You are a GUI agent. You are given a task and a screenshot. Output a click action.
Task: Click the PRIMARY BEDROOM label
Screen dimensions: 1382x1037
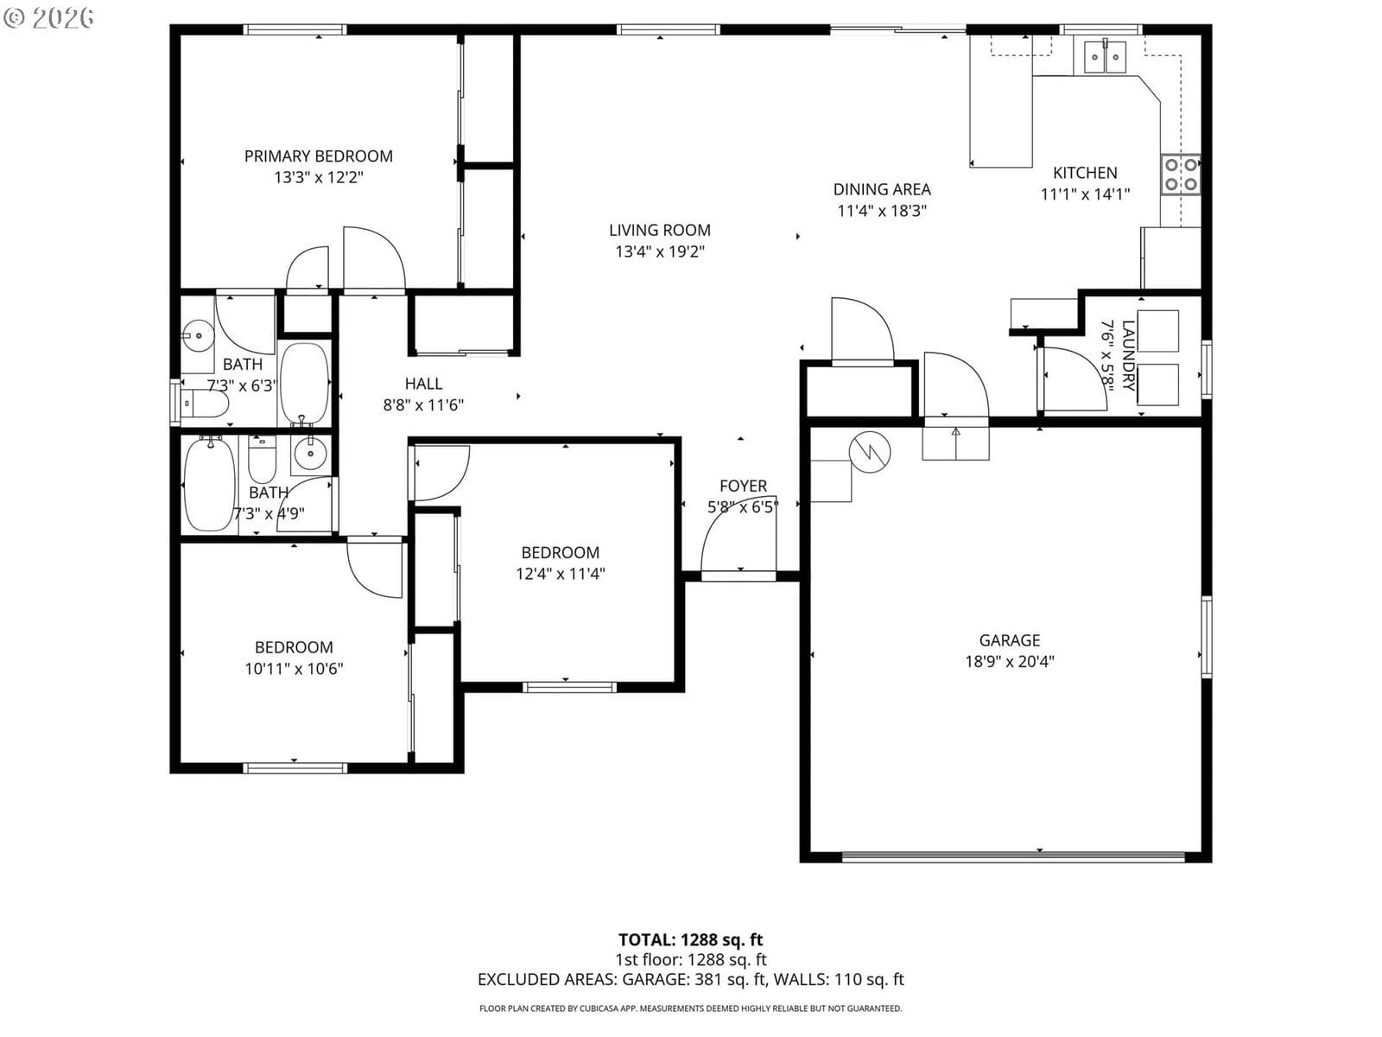point(318,156)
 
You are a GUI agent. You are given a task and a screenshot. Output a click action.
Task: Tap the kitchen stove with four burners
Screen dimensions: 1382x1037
point(1181,175)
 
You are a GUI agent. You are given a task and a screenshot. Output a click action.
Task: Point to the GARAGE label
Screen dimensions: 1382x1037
point(1009,640)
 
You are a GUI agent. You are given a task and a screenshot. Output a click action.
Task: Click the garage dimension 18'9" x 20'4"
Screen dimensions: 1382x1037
point(1009,662)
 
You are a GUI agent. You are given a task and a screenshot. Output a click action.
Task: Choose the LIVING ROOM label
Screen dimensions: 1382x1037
point(659,231)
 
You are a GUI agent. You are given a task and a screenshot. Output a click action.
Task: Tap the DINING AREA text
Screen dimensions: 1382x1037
point(882,189)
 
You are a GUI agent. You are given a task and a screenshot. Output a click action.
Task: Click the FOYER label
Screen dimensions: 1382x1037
point(743,486)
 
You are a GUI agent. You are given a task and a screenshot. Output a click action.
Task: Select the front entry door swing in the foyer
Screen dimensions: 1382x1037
point(738,534)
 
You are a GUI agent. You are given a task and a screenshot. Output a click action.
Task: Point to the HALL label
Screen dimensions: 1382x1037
point(423,384)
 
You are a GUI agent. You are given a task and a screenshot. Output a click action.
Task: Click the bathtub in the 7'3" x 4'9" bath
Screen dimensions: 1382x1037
point(209,484)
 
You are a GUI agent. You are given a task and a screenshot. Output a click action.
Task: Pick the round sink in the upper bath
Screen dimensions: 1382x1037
point(199,335)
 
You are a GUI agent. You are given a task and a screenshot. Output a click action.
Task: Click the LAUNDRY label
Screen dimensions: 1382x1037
point(1128,356)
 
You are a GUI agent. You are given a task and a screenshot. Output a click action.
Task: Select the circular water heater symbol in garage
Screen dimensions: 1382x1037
point(870,452)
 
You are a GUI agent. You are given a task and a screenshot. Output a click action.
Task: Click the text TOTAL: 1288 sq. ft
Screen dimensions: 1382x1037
point(690,940)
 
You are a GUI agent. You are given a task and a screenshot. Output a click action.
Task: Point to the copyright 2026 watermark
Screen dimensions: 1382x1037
point(49,17)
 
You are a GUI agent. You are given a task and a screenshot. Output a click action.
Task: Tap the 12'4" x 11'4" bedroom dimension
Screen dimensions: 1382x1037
point(560,574)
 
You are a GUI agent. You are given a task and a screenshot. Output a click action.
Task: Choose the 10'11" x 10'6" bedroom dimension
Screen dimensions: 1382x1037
point(294,669)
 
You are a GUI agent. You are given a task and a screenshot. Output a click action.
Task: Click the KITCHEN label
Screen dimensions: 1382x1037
point(1085,173)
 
